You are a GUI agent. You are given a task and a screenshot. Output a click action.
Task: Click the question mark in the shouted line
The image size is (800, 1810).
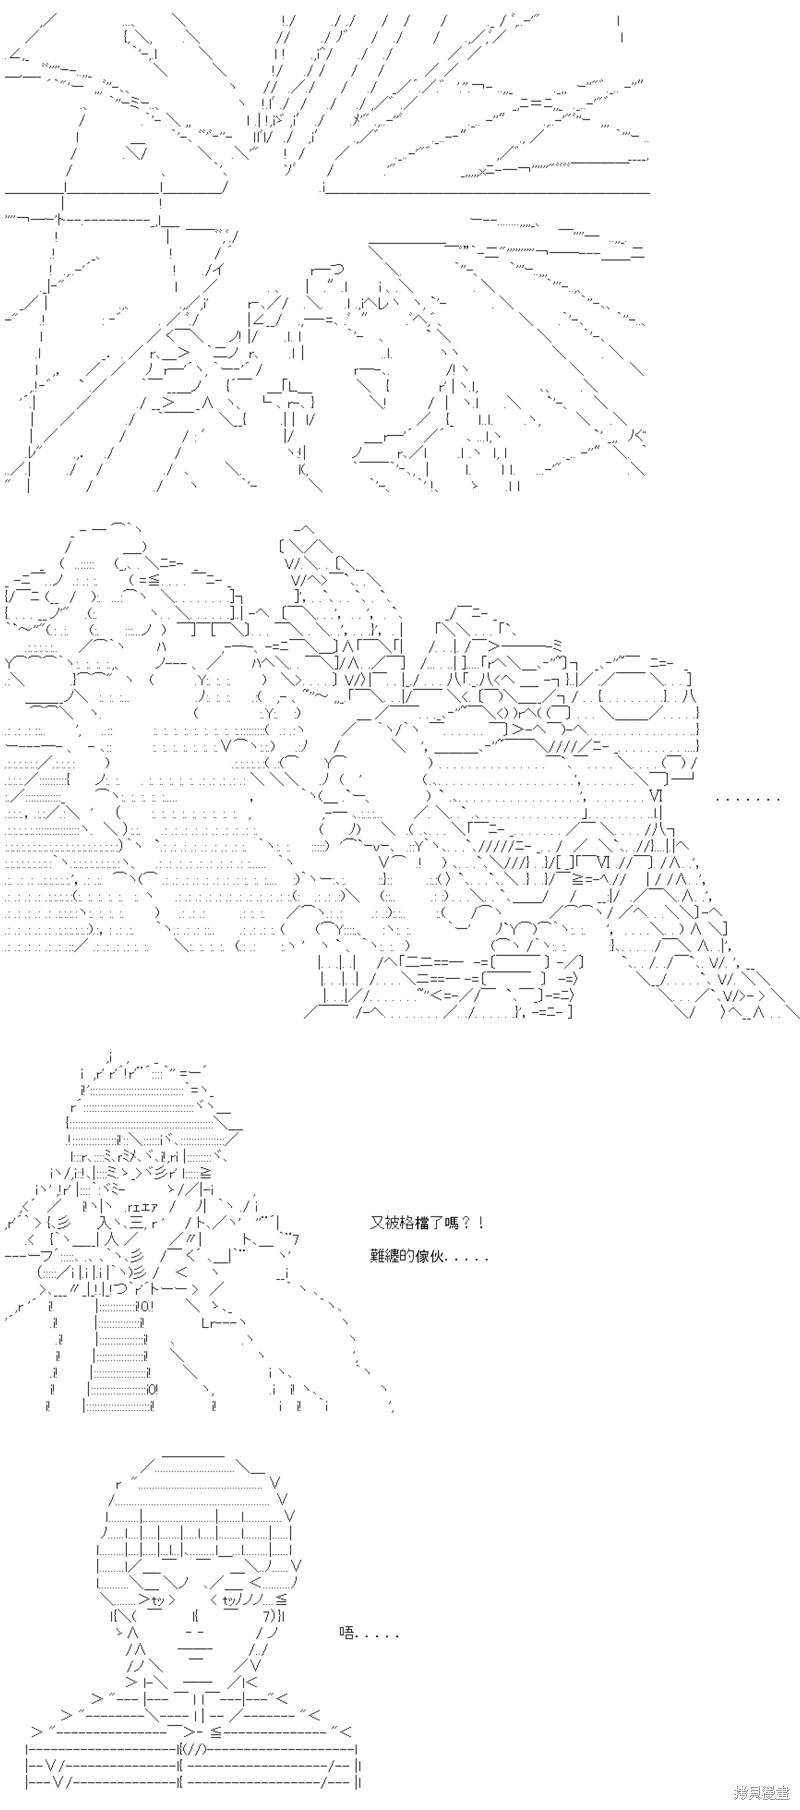467,1222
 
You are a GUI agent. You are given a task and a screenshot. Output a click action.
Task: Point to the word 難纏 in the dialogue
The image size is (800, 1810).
385,1256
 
